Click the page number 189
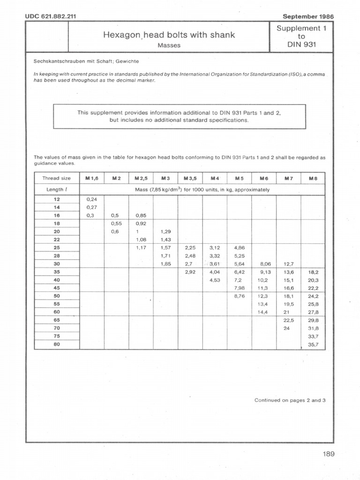(x=328, y=453)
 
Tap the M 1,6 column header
(x=91, y=178)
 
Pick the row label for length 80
(x=57, y=345)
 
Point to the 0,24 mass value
(x=91, y=199)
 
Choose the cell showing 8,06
(x=265, y=263)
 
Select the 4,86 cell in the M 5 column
(x=240, y=247)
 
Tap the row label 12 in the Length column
(x=57, y=199)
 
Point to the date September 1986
(x=308, y=16)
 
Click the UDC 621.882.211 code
(x=51, y=16)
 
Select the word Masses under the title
(x=169, y=45)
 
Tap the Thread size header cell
(x=57, y=178)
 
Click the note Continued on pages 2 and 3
(x=290, y=400)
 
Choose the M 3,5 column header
(x=190, y=178)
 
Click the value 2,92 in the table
(x=190, y=272)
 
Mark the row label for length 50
(x=57, y=296)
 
